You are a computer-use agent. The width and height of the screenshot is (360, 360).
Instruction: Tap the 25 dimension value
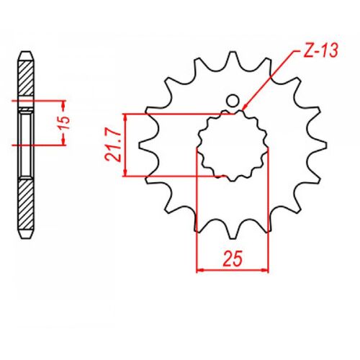232,256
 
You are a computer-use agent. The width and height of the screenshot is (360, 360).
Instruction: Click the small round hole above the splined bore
233,102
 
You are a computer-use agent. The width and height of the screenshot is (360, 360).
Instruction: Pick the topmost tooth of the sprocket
233,58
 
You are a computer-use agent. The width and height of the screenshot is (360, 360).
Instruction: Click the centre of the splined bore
232,144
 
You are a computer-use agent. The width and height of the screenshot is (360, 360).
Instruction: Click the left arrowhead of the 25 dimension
199,269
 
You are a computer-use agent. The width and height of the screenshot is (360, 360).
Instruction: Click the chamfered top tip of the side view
26,54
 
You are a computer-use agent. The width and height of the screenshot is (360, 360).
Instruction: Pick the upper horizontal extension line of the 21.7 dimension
173,113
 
